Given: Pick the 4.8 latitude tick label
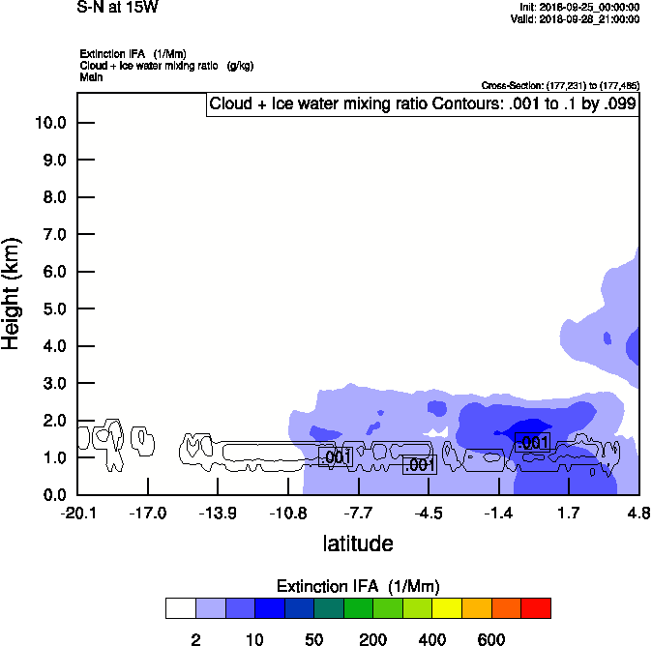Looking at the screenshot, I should tap(637, 513).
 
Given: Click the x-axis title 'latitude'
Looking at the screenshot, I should tap(358, 543).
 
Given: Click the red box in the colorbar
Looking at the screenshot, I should tap(536, 608).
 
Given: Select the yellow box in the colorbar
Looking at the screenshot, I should tap(447, 608).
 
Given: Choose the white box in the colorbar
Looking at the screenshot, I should tap(180, 608).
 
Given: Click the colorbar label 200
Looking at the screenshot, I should tap(372, 639).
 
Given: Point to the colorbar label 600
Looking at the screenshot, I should tap(491, 639).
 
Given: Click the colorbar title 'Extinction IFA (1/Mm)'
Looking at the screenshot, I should tap(358, 586).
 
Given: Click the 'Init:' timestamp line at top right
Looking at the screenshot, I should tap(578, 7).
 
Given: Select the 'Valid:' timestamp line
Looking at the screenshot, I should tap(575, 18).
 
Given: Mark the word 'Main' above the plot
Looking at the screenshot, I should tap(91, 75).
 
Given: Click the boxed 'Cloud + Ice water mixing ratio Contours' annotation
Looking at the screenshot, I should tap(423, 103).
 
